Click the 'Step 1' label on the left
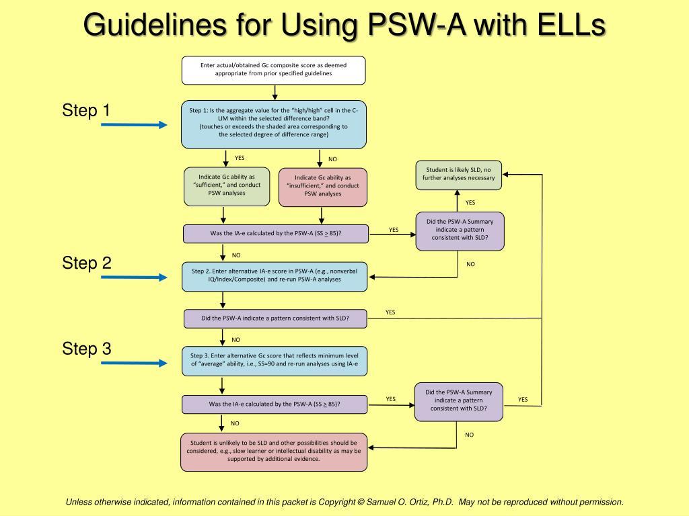pos(86,110)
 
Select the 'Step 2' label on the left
pos(87,263)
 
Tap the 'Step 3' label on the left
pos(87,349)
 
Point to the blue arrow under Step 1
pos(134,125)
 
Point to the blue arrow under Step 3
pos(134,363)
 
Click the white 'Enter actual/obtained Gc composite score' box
pos(274,70)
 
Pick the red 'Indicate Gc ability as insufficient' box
pos(322,186)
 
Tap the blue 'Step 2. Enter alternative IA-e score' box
pos(275,275)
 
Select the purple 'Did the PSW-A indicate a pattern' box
pos(275,318)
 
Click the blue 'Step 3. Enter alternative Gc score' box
pos(275,361)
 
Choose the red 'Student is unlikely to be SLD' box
pos(274,451)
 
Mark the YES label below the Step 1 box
pos(240,158)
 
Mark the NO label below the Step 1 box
pos(332,159)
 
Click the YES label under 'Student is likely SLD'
pos(470,202)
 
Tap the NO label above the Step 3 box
pos(236,340)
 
